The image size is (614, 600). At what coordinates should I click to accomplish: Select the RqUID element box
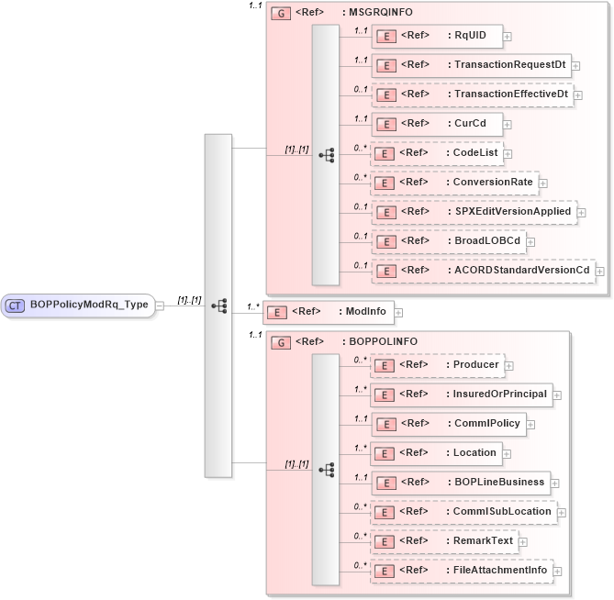click(x=436, y=36)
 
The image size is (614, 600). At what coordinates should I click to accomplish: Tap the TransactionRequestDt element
click(x=470, y=65)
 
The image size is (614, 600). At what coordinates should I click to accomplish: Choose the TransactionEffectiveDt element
click(x=471, y=94)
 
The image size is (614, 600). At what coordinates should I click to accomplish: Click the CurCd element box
click(x=436, y=123)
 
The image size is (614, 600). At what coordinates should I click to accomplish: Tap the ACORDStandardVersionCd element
click(x=482, y=270)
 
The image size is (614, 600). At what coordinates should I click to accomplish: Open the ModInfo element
click(x=328, y=312)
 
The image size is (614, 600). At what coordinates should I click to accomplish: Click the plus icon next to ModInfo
click(x=398, y=313)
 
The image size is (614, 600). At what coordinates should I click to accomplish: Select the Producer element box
click(x=436, y=364)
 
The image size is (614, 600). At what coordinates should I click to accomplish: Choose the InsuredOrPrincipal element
click(x=461, y=394)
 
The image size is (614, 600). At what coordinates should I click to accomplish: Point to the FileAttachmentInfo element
click(x=461, y=570)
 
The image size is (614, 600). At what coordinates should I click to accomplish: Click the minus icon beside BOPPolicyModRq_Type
click(x=160, y=306)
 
